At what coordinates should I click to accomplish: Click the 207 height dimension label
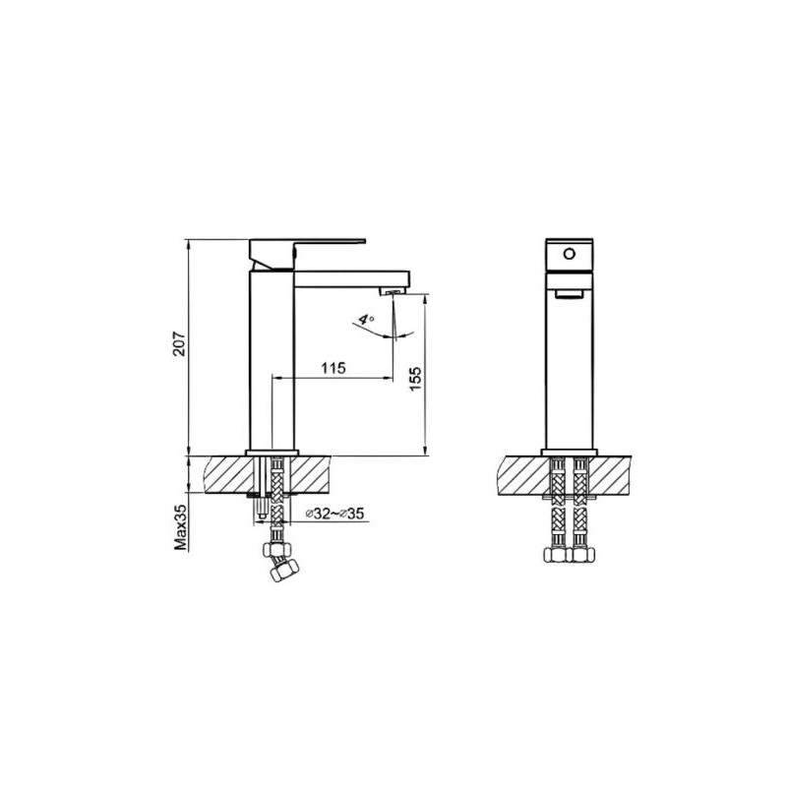click(179, 343)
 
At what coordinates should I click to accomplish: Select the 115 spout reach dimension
click(333, 368)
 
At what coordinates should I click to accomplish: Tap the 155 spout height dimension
click(416, 379)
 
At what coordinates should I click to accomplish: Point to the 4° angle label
click(366, 320)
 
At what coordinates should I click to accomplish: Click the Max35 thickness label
click(180, 527)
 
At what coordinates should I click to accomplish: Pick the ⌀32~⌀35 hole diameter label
click(334, 514)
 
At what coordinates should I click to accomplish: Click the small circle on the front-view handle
click(569, 254)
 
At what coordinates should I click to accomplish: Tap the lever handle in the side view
click(307, 254)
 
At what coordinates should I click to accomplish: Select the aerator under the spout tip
click(393, 291)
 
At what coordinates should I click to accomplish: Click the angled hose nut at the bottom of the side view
click(283, 571)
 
